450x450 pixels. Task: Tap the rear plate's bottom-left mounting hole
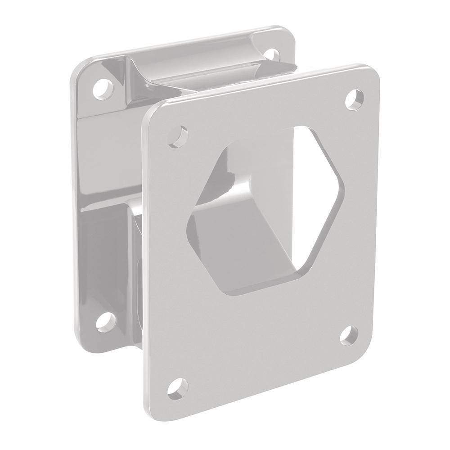point(106,320)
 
